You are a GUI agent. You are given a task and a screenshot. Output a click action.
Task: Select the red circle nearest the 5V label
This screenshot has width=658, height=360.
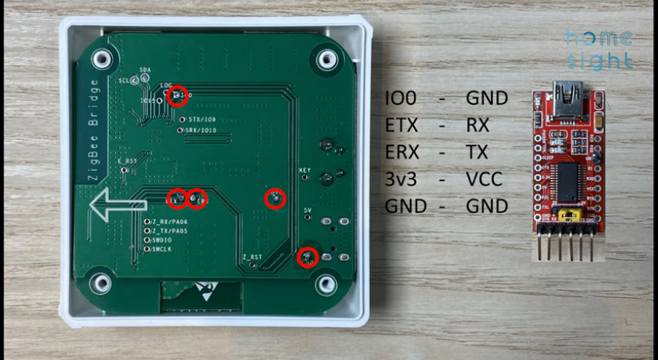click(307, 257)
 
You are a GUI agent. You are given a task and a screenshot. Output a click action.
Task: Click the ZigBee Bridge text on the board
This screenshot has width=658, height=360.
click(93, 130)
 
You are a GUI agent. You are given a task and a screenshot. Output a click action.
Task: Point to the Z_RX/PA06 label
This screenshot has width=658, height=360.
click(169, 221)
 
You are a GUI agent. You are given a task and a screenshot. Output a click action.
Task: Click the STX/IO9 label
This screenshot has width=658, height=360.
click(202, 118)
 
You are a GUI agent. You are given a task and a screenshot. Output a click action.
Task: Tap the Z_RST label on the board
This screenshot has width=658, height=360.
click(251, 257)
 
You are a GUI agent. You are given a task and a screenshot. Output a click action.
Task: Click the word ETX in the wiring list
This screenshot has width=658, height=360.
click(403, 126)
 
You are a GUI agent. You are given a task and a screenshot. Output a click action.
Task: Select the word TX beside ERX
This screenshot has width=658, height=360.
click(478, 152)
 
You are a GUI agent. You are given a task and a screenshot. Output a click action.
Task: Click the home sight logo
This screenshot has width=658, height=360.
click(599, 49)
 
